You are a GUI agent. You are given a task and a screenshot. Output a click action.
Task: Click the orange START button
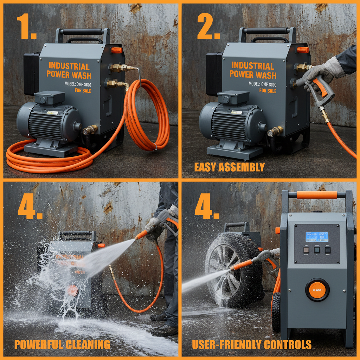[x=317, y=290]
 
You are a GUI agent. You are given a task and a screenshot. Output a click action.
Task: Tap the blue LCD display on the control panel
[x=317, y=236]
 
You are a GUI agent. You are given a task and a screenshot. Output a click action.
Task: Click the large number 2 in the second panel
[x=207, y=27]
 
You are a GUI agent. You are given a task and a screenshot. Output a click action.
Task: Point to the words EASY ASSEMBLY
[x=229, y=167]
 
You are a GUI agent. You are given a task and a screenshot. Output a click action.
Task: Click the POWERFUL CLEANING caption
[x=62, y=345]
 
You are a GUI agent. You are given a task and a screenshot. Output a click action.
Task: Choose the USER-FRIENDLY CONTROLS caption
[x=252, y=345]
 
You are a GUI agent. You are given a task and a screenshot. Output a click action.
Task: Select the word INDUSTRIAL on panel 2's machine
[x=253, y=66]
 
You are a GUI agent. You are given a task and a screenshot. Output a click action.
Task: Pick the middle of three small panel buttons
[x=317, y=250]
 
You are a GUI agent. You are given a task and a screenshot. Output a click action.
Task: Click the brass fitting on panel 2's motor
[x=275, y=131]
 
